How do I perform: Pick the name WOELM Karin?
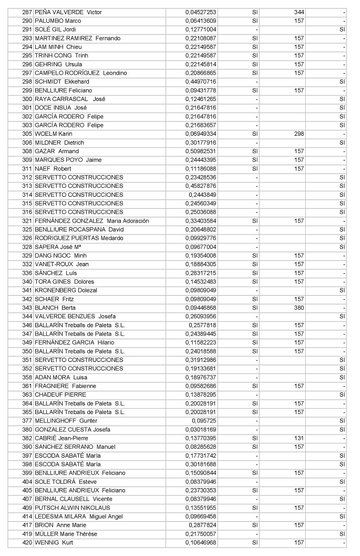click(54, 134)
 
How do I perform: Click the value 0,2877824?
click(202, 525)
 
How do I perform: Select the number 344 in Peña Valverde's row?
click(299, 12)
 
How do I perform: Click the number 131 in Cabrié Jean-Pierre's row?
click(299, 438)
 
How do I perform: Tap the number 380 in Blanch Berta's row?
click(299, 308)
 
